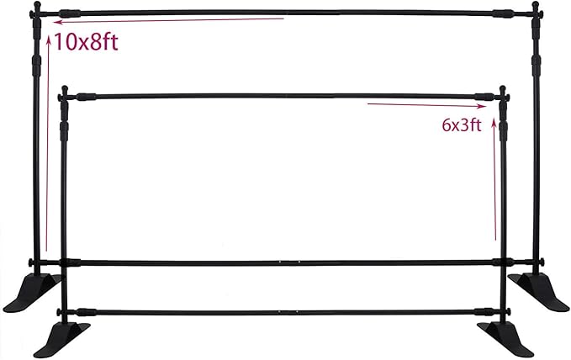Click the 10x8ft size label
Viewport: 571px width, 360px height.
87,42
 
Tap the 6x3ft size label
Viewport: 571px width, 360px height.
462,125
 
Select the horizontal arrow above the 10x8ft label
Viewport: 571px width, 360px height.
168,20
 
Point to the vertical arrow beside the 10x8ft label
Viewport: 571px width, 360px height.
47,142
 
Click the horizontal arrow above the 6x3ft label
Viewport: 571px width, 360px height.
427,105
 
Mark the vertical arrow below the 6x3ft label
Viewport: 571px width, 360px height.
494,179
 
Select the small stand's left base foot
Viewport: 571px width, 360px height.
62,340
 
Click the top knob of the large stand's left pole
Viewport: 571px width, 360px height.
37,5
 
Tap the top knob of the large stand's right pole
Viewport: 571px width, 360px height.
535,5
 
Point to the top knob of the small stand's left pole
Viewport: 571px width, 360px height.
65,88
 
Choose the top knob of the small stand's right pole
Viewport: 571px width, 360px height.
503,89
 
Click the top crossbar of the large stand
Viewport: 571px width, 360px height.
286,13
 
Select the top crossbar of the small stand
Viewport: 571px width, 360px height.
284,97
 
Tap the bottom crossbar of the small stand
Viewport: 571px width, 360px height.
284,312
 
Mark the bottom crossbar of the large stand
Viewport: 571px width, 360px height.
286,262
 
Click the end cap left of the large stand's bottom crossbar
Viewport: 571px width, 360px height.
30,262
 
